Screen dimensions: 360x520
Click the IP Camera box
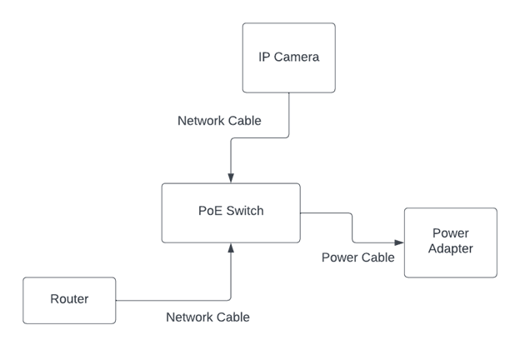[288, 57]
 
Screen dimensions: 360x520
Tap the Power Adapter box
[450, 242]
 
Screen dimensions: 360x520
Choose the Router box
[69, 300]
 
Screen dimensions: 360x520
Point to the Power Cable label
[357, 257]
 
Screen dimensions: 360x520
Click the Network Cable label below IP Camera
[219, 121]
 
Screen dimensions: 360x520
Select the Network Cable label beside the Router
[207, 317]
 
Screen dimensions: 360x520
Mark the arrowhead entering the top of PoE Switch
[231, 178]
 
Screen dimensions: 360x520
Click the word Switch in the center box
[245, 211]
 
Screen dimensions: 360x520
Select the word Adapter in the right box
[451, 249]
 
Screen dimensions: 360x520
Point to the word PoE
[211, 211]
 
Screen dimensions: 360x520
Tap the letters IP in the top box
[264, 57]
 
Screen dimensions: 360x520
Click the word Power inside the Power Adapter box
[451, 233]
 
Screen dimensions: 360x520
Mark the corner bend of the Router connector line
[231, 299]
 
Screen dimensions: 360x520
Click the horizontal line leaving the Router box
[167, 300]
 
